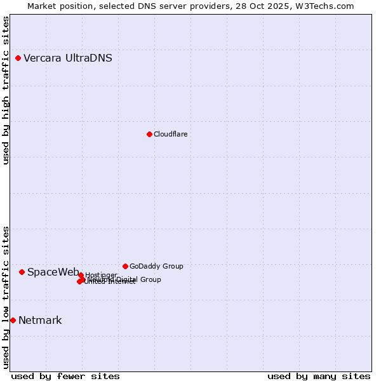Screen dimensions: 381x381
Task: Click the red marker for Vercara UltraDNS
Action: (18, 58)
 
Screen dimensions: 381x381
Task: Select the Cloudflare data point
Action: (149, 134)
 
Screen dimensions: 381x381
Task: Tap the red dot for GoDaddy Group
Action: (125, 266)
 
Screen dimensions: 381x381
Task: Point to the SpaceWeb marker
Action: (22, 272)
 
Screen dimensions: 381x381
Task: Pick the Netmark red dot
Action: (13, 320)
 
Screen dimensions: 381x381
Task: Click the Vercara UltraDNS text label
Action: (68, 58)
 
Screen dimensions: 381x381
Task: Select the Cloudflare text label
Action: (171, 134)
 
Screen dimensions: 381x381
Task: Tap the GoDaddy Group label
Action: (156, 266)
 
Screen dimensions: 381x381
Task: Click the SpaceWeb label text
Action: (53, 272)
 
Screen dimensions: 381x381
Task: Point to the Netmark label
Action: (40, 321)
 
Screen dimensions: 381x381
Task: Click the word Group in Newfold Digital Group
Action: (150, 279)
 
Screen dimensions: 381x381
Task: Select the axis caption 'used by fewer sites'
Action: (65, 376)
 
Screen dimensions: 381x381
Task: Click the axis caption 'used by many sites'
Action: (319, 376)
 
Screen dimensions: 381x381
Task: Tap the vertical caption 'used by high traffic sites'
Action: (6, 90)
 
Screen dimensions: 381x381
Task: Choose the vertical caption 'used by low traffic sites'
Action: (6, 297)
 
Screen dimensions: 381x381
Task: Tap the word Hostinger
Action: (102, 275)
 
